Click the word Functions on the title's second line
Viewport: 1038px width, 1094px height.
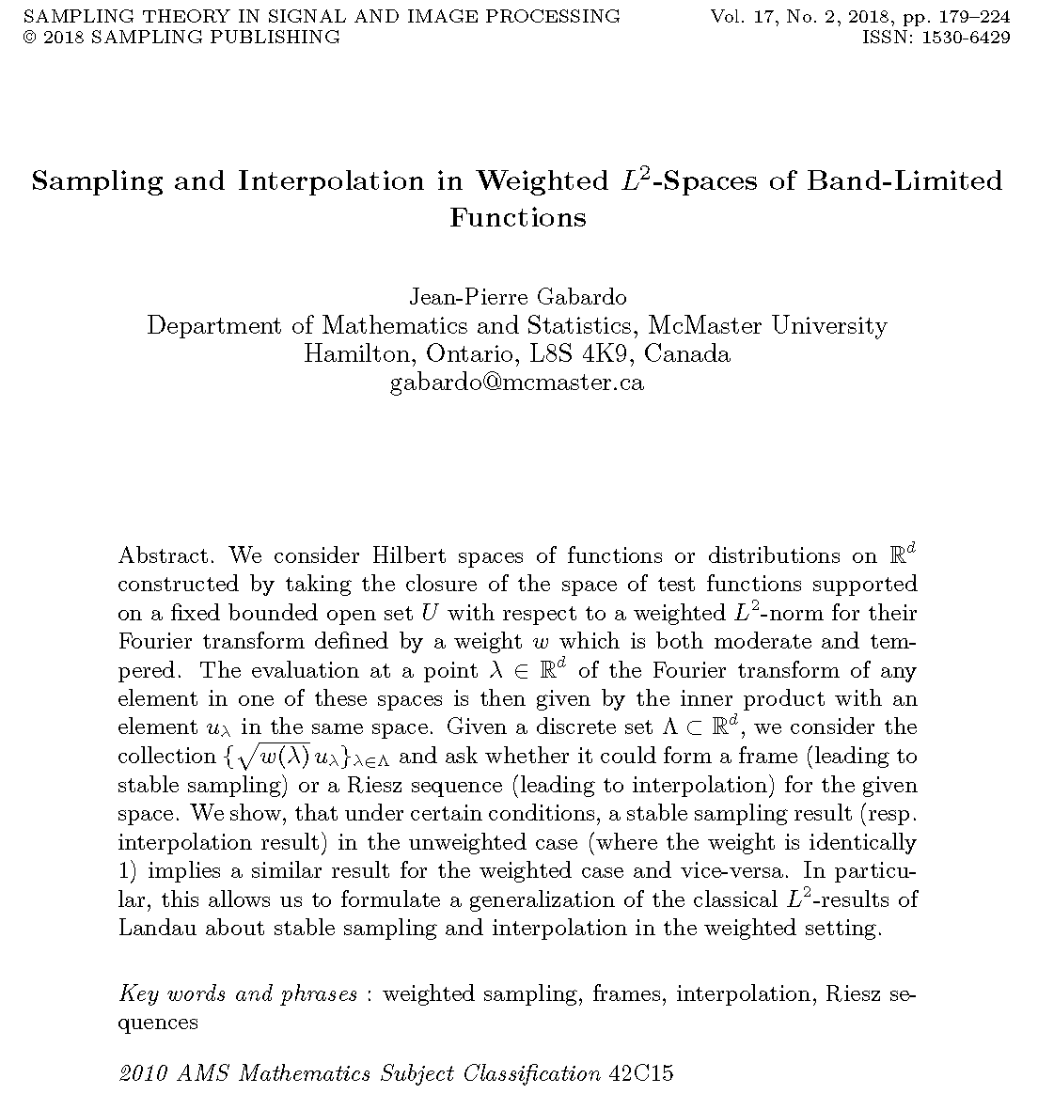517,218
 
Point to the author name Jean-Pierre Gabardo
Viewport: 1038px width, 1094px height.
517,297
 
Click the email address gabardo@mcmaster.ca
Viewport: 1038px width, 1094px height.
517,383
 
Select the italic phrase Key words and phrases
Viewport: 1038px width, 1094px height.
238,994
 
